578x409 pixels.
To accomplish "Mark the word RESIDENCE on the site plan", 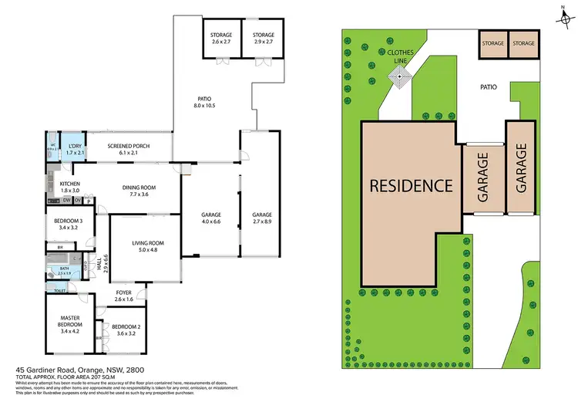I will pos(411,185).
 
